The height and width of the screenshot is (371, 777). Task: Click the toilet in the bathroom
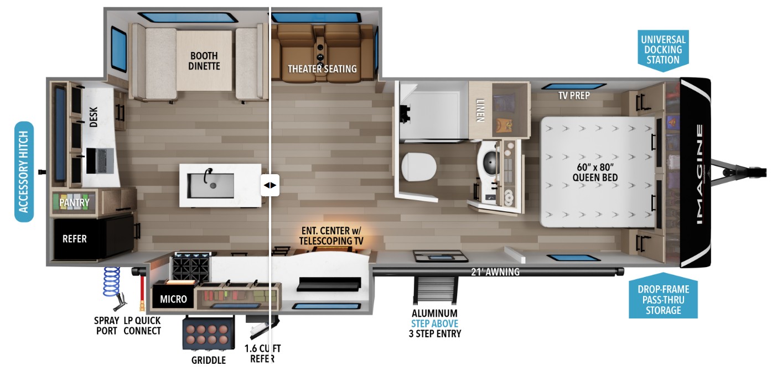[x=419, y=166]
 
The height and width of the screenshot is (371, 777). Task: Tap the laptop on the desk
[x=100, y=161]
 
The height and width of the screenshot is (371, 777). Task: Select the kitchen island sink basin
[x=210, y=185]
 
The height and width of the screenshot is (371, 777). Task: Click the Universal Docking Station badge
[x=663, y=50]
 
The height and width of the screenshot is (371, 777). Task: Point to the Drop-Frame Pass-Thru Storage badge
[x=663, y=296]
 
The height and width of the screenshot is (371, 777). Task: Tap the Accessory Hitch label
[x=24, y=171]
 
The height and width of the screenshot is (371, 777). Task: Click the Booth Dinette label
[x=204, y=61]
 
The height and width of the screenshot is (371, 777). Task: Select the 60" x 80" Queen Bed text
[x=595, y=172]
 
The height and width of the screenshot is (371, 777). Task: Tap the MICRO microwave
[x=173, y=295]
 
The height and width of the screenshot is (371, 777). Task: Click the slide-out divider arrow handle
[x=270, y=185]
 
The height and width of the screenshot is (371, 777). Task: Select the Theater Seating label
[x=322, y=69]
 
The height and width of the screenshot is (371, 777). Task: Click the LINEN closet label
[x=480, y=110]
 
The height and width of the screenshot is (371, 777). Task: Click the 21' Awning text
[x=495, y=272]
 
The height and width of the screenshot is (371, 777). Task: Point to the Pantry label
[x=74, y=202]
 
